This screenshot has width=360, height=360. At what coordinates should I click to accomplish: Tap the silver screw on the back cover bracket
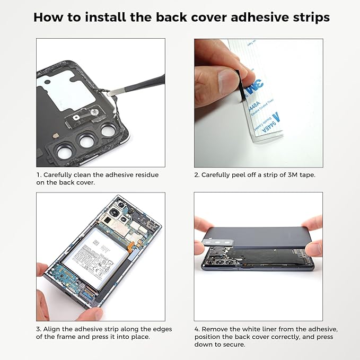(x=94, y=113)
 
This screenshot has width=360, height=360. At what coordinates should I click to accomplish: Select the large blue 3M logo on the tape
(x=258, y=85)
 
